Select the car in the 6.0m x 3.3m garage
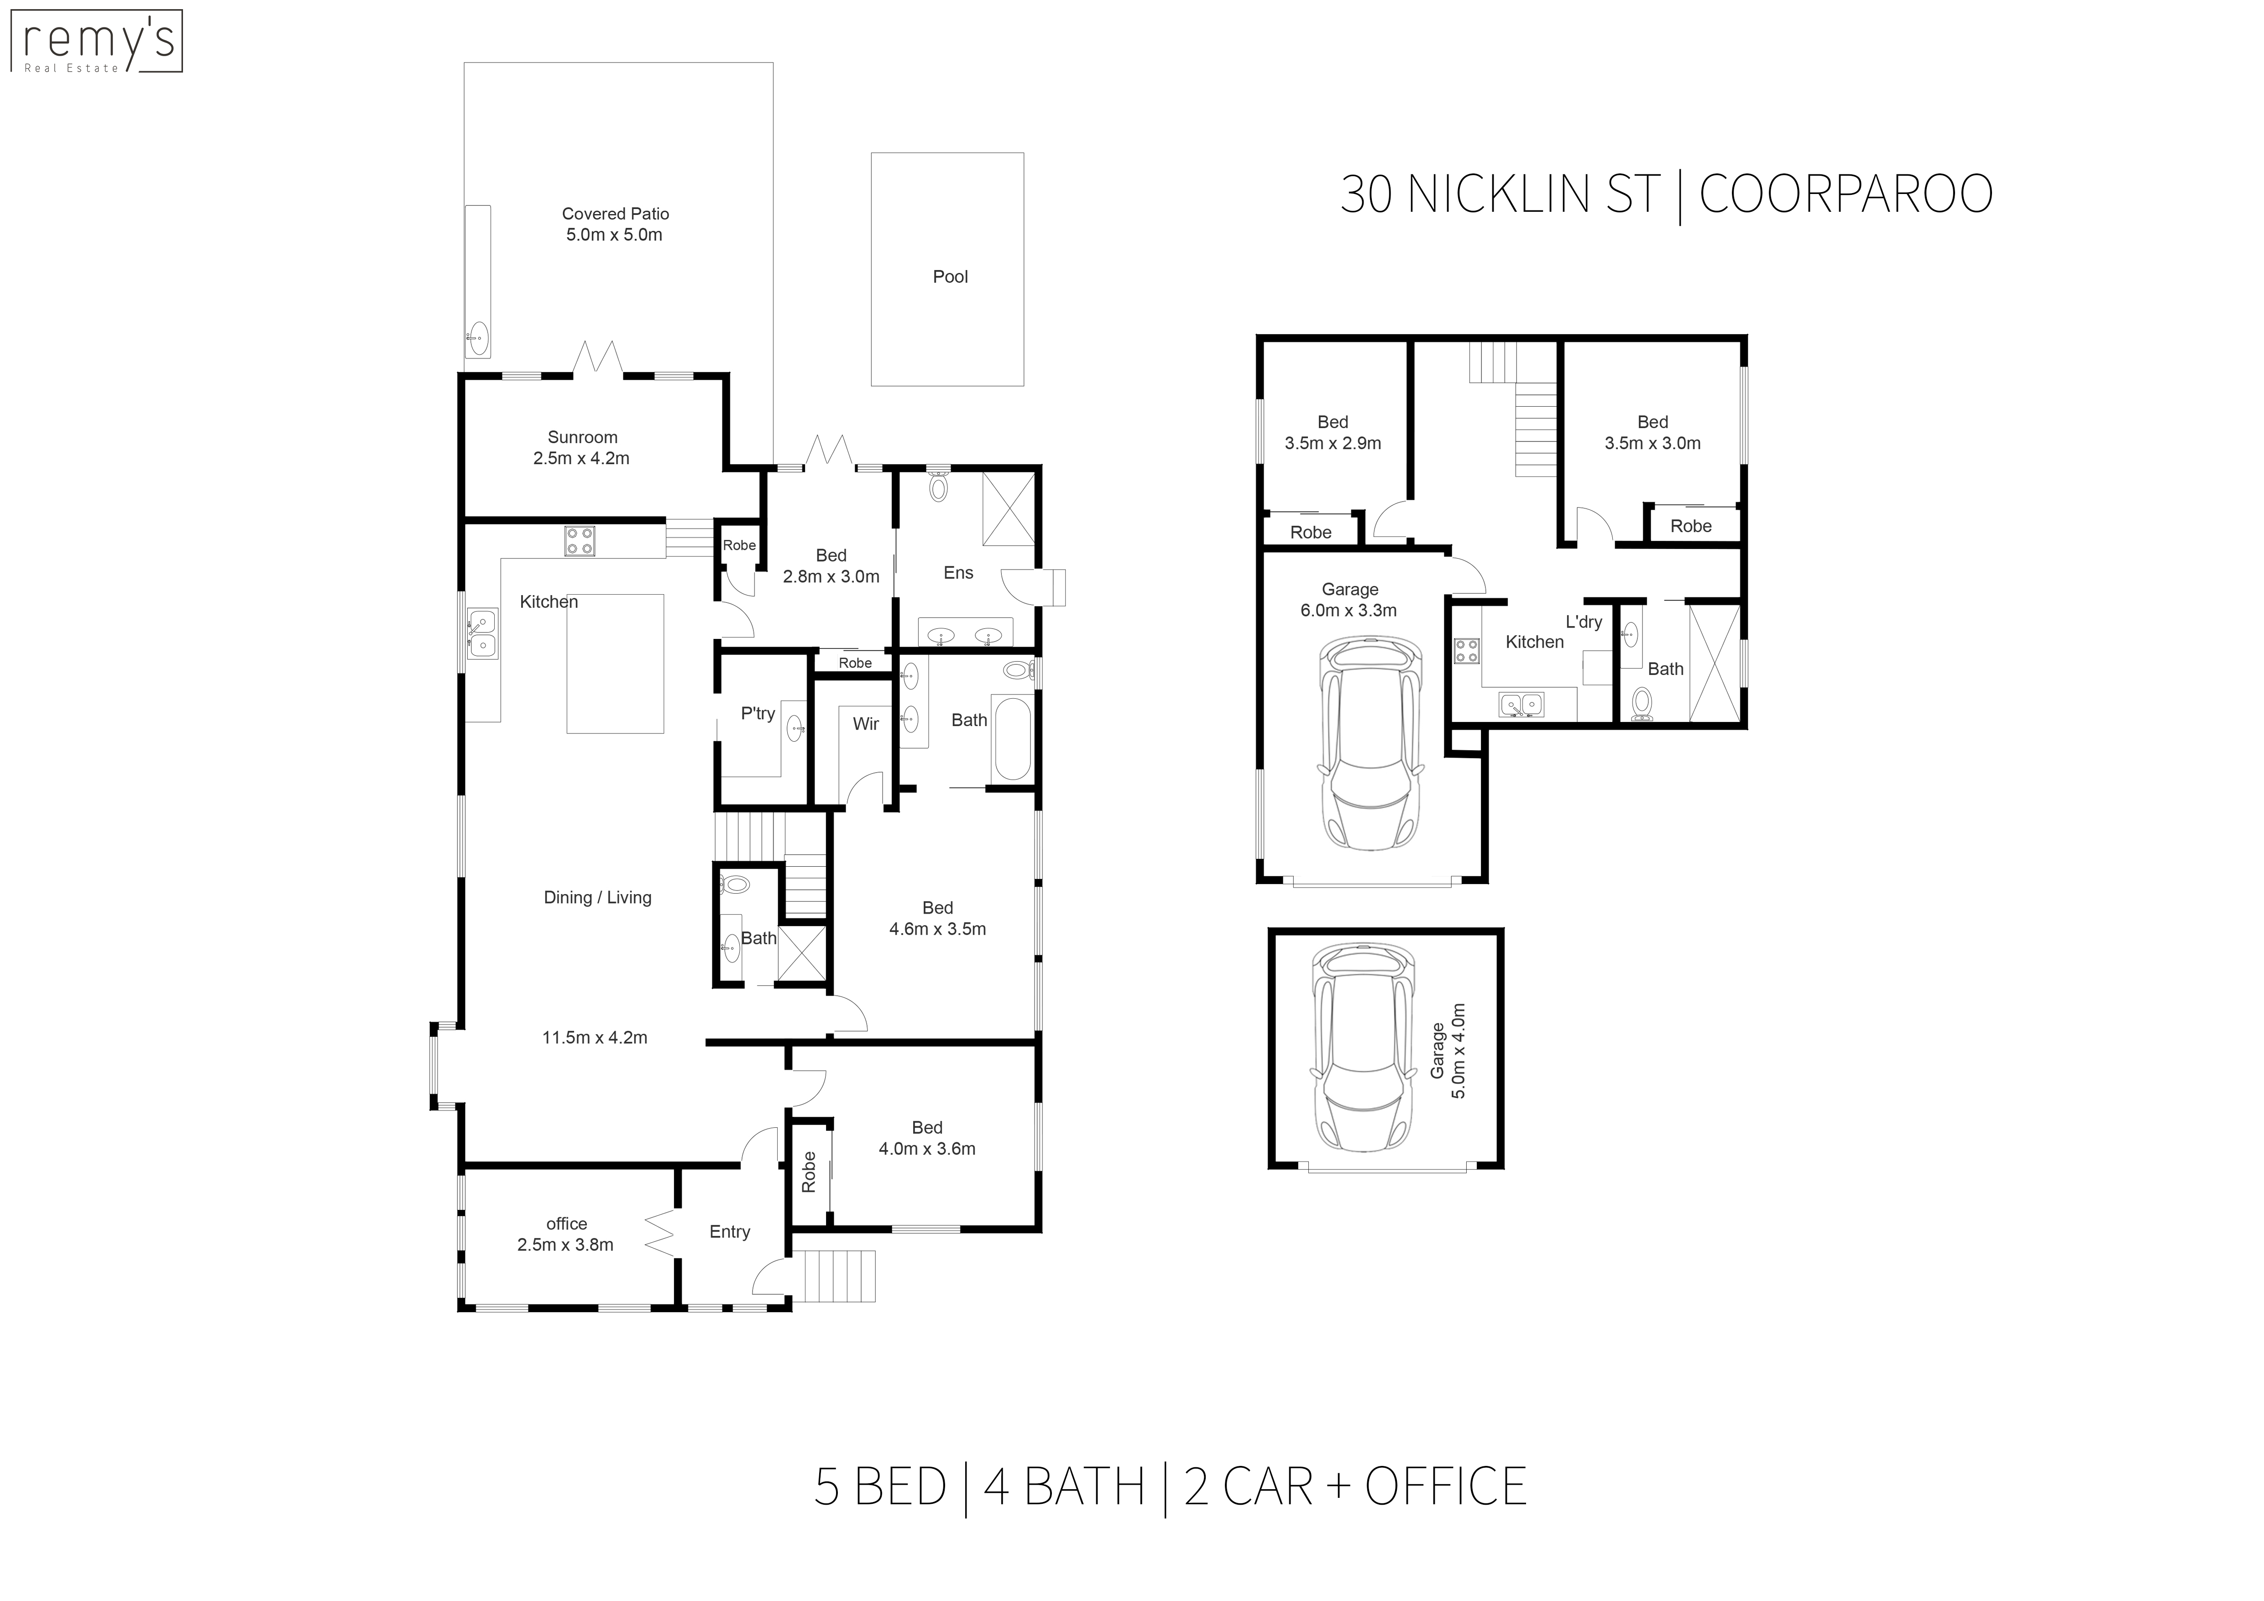[1370, 743]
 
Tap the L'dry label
[1584, 622]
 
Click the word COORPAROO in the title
[1846, 194]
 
